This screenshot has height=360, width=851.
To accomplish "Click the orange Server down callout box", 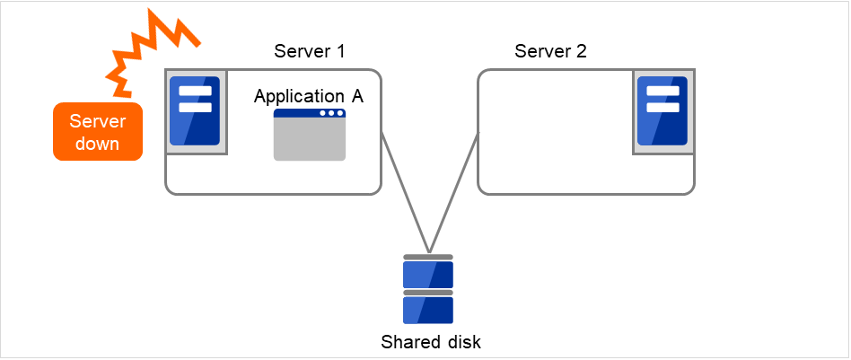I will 98,131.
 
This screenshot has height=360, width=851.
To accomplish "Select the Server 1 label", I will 310,51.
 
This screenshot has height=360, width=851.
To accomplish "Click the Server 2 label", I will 550,51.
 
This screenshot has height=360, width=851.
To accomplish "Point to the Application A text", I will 309,96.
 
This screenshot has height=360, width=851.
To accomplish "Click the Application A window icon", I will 309,135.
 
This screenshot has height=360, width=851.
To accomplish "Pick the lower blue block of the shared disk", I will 428,310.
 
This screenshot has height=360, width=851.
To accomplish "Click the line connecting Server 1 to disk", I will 406,193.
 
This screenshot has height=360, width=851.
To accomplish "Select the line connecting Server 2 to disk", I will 454,193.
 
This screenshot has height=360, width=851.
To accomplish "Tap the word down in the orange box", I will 98,144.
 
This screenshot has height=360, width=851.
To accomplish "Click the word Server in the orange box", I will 98,121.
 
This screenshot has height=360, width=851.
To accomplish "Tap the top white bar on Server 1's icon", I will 196,92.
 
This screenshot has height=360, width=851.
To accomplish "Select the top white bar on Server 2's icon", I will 662,92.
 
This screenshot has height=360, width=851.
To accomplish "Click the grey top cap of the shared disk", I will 428,257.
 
